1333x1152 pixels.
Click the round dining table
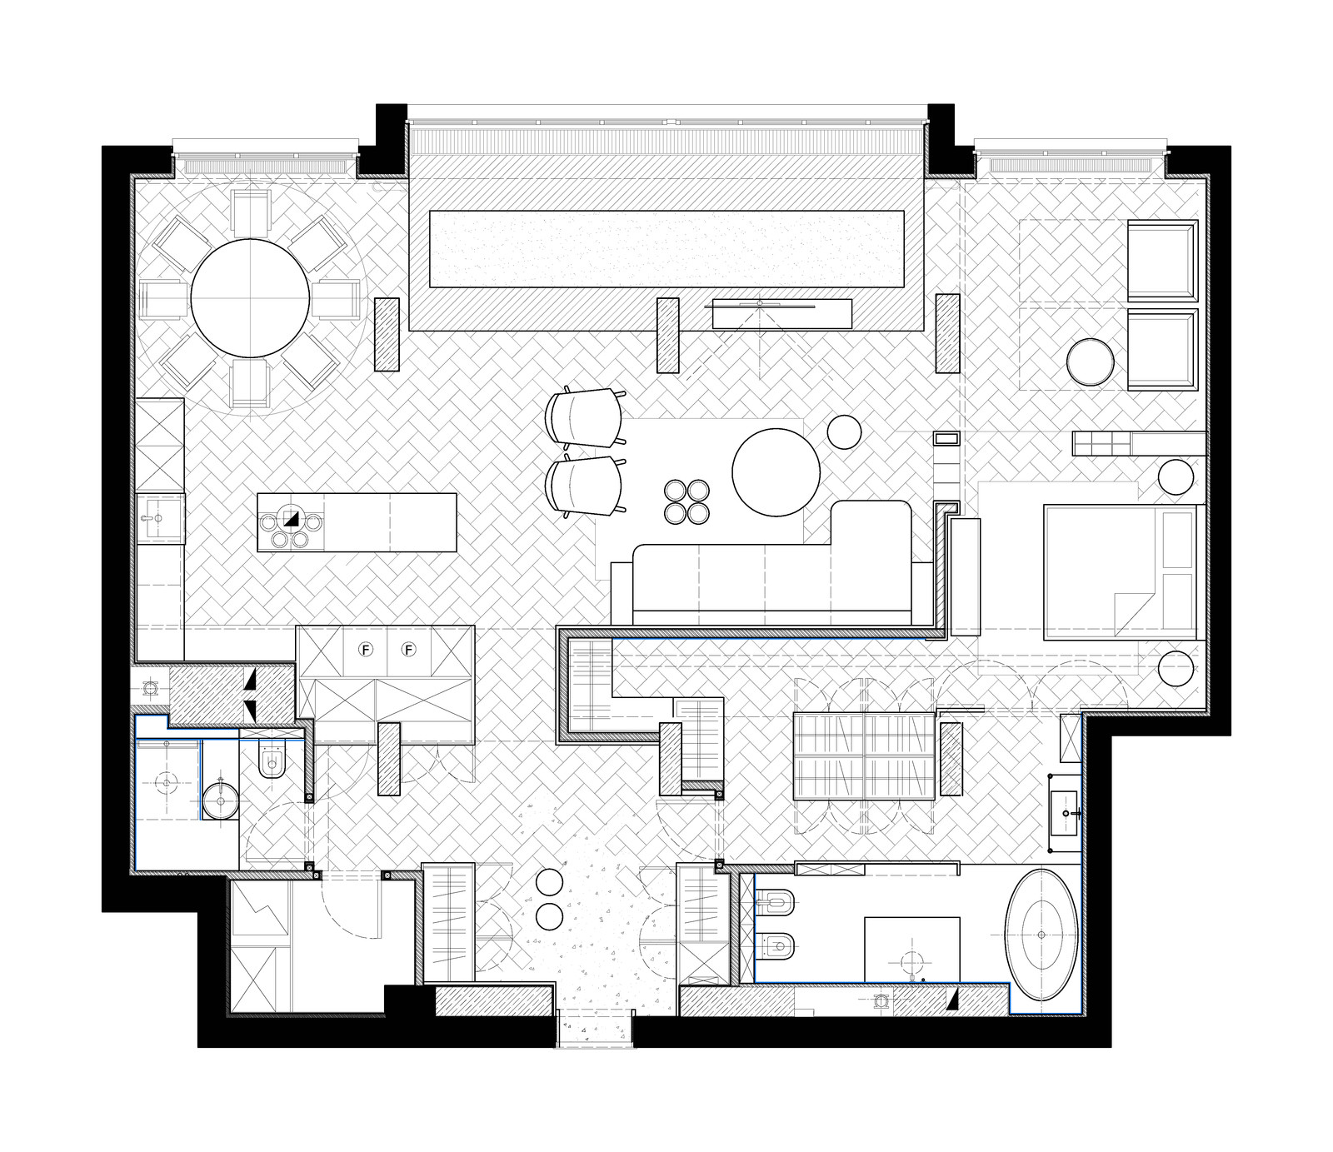click(251, 298)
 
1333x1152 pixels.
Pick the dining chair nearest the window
click(251, 213)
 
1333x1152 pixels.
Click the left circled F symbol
click(364, 650)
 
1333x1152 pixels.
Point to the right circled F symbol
click(409, 650)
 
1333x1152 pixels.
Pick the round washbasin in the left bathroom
click(221, 801)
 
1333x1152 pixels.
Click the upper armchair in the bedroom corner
click(1162, 260)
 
